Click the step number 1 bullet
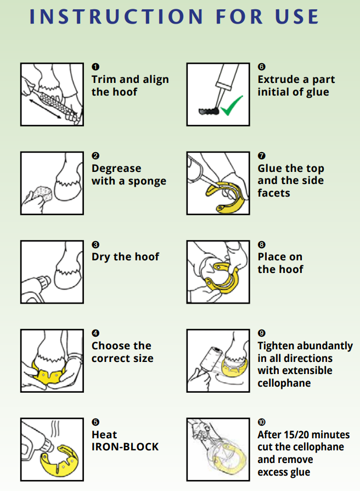[95, 66]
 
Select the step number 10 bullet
[261, 422]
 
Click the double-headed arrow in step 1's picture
[46, 109]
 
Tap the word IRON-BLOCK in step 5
[125, 447]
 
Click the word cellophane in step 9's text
[284, 383]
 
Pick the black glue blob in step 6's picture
[209, 110]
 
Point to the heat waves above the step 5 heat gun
[55, 429]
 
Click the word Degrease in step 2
[116, 169]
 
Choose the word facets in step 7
[274, 193]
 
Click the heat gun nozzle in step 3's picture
[45, 281]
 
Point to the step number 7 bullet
[261, 155]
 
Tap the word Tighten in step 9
[277, 346]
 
